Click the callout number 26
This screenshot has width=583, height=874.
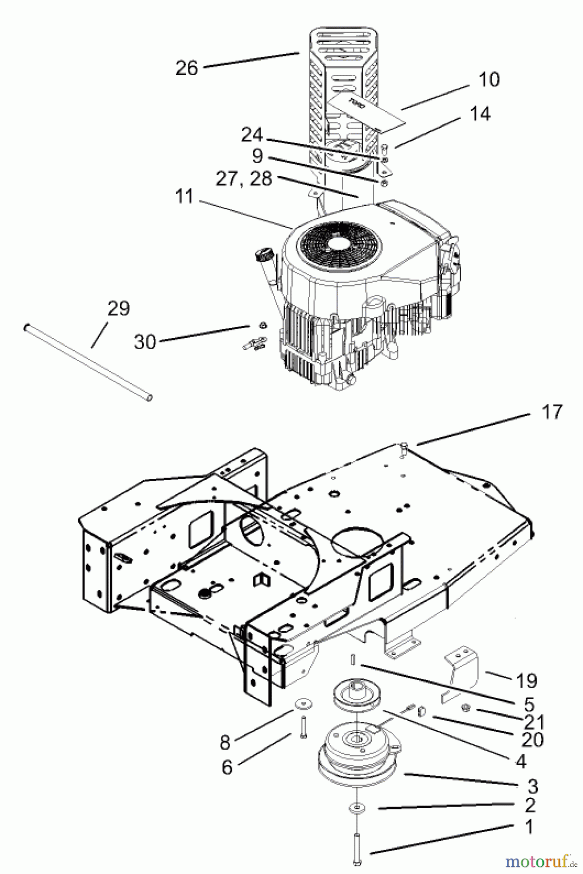pos(187,67)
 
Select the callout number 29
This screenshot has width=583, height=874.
pos(118,308)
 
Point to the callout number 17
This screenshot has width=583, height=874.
pos(551,412)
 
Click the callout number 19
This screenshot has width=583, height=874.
pos(527,681)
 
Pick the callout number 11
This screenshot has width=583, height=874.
pos(185,197)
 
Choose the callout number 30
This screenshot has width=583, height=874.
pos(145,342)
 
